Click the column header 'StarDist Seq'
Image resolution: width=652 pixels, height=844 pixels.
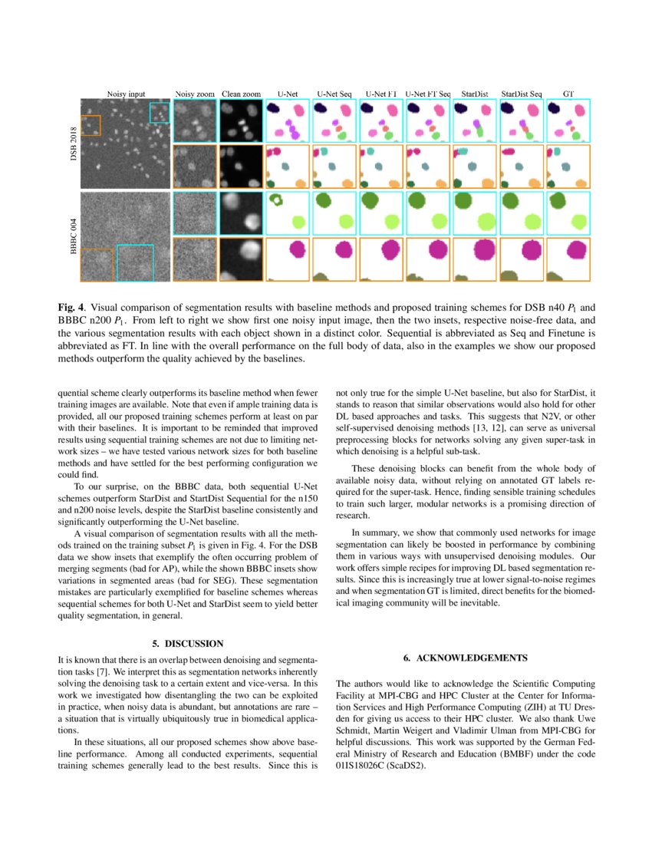pyautogui.click(x=522, y=94)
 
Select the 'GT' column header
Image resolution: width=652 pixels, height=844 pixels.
pyautogui.click(x=568, y=94)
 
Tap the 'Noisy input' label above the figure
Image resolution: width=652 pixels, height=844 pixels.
pyautogui.click(x=126, y=94)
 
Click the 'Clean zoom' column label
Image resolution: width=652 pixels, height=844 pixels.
pyautogui.click(x=242, y=94)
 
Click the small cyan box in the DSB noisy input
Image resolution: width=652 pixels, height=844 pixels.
pyautogui.click(x=160, y=112)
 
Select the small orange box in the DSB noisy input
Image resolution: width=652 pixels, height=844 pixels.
pyautogui.click(x=90, y=125)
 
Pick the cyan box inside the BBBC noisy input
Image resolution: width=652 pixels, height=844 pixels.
pyautogui.click(x=135, y=262)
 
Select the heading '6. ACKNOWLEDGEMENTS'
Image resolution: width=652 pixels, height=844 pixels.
pyautogui.click(x=465, y=658)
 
